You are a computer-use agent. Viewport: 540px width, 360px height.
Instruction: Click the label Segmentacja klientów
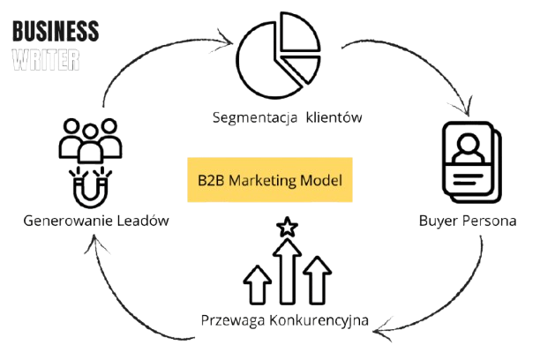pyautogui.click(x=288, y=116)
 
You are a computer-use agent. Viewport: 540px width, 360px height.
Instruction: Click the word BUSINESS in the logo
pyautogui.click(x=55, y=34)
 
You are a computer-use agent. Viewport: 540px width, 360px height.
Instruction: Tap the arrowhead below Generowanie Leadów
pyautogui.click(x=89, y=252)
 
